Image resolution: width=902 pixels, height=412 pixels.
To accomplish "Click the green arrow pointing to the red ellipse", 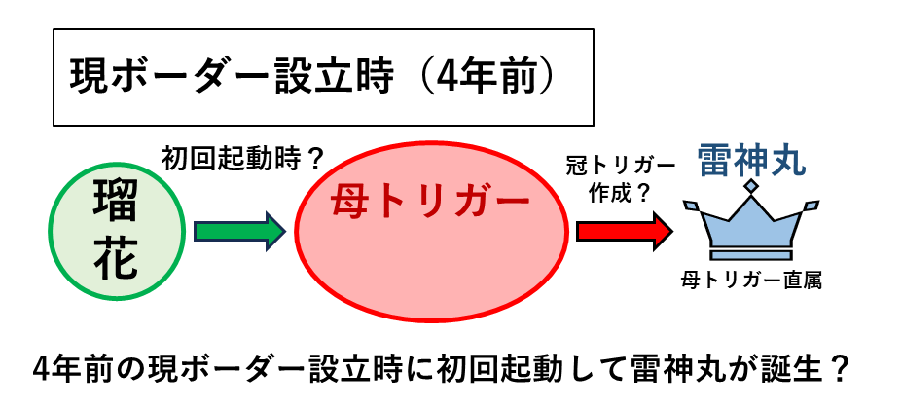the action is pos(239,231).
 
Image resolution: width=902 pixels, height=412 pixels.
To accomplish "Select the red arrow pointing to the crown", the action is pos(625,231).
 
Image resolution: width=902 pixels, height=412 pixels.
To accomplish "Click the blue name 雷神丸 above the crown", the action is pos(752,161).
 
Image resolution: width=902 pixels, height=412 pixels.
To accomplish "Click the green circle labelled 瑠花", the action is pos(117,231).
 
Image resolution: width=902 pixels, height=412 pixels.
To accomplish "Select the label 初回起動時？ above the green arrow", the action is pos(240,159).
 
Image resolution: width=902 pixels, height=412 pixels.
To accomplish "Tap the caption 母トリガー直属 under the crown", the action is pos(751,281).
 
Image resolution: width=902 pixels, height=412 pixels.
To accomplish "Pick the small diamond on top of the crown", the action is pos(751,185).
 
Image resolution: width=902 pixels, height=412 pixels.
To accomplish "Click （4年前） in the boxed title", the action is pos(487,78).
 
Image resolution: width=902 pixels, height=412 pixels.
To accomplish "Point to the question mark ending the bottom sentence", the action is pos(840,369).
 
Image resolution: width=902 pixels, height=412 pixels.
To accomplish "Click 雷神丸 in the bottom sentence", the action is pos(670,369).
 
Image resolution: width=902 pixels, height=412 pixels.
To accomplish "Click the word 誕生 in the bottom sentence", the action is pos(797,369).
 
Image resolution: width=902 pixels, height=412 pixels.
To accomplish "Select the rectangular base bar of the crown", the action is pos(751,254).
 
